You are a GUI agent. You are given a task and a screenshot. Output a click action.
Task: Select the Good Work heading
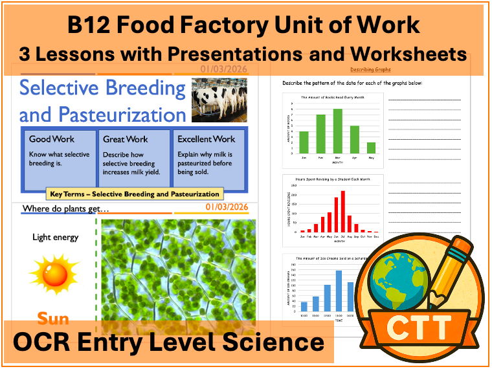point(52,139)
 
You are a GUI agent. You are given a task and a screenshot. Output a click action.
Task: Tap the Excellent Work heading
point(207,139)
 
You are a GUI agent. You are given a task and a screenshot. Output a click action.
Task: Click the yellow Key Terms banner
point(134,194)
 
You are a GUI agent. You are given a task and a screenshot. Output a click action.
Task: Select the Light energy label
point(55,238)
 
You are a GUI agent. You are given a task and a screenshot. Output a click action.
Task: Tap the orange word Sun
point(53,319)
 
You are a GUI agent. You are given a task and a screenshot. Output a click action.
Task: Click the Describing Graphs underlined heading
point(370,69)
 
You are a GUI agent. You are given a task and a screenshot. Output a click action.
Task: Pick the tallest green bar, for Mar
point(337,129)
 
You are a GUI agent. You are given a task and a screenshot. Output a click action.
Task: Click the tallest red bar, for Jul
point(342,211)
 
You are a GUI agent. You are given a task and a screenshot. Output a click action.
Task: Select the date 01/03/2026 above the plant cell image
point(227,208)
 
